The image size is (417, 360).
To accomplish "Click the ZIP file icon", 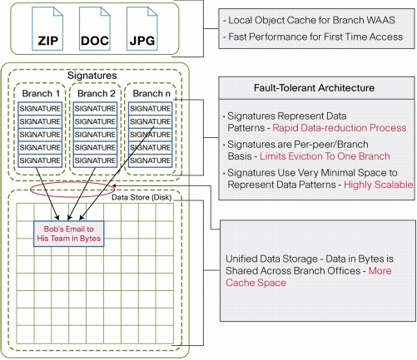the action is [47, 28].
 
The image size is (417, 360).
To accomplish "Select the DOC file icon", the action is [95, 28].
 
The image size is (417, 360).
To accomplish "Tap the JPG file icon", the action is [142, 28].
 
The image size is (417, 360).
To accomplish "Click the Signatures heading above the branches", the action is [92, 76].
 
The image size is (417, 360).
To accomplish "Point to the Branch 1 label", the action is [41, 93].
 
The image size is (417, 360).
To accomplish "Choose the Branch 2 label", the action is [97, 93].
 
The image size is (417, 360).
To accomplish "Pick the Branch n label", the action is [151, 93].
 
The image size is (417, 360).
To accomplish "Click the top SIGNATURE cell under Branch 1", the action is [40, 108].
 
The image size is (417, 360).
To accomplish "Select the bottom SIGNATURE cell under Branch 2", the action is [95, 160].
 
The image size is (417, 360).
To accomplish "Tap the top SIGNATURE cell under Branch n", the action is [151, 108].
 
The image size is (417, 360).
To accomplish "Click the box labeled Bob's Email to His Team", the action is [69, 234].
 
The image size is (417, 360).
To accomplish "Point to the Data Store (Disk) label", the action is [141, 197].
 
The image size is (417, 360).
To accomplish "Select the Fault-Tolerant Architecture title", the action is [314, 88].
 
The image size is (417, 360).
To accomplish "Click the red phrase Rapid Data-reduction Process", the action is [340, 128].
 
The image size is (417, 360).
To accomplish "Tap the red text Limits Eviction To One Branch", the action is [325, 156].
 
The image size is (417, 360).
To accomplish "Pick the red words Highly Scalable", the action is [379, 185].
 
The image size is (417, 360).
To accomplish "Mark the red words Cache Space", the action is [256, 283].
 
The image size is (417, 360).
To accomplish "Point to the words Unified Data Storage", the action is [271, 259].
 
